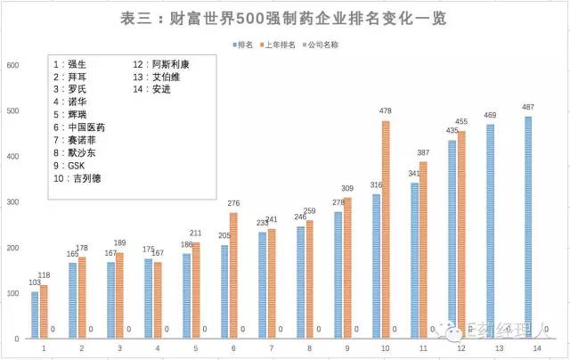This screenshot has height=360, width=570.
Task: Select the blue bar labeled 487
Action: (x=528, y=227)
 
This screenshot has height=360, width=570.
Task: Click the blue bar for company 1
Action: (x=35, y=315)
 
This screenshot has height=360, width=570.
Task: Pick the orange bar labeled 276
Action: (x=233, y=275)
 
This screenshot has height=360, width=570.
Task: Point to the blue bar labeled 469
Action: (x=490, y=232)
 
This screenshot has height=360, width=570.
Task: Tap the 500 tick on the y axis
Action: (x=12, y=110)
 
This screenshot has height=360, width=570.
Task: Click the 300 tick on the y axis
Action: (x=12, y=202)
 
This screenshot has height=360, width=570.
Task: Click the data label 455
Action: (x=461, y=121)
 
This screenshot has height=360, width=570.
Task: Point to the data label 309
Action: (x=347, y=188)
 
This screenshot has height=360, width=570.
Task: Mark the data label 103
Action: (x=34, y=282)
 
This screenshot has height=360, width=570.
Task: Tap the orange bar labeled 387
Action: (x=423, y=250)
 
